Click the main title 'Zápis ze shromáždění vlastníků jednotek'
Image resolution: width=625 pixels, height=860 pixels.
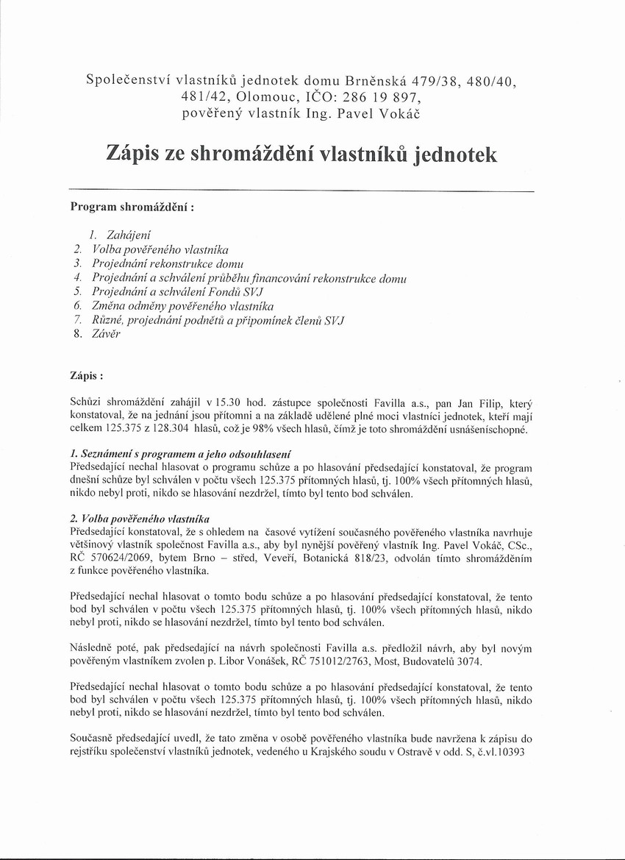[x=301, y=154]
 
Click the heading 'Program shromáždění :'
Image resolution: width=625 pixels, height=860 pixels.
[x=132, y=207]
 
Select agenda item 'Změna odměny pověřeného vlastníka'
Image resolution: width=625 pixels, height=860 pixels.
[x=182, y=306]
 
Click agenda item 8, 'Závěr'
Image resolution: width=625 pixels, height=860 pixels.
[x=106, y=334]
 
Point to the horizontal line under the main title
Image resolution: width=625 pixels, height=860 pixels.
[x=301, y=191]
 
